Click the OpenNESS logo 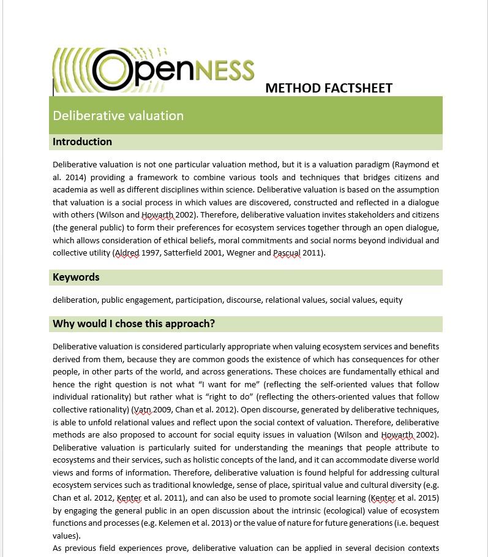tap(154, 70)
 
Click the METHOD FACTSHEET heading tap(328, 88)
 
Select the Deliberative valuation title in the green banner tap(118, 116)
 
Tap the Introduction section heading tap(82, 142)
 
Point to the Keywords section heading tap(76, 277)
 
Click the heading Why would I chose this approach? tap(133, 324)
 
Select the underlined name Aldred tap(127, 252)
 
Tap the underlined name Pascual tap(287, 252)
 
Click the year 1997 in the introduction tap(151, 252)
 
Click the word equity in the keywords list tap(391, 300)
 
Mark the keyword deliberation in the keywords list tap(75, 300)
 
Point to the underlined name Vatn tap(143, 409)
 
